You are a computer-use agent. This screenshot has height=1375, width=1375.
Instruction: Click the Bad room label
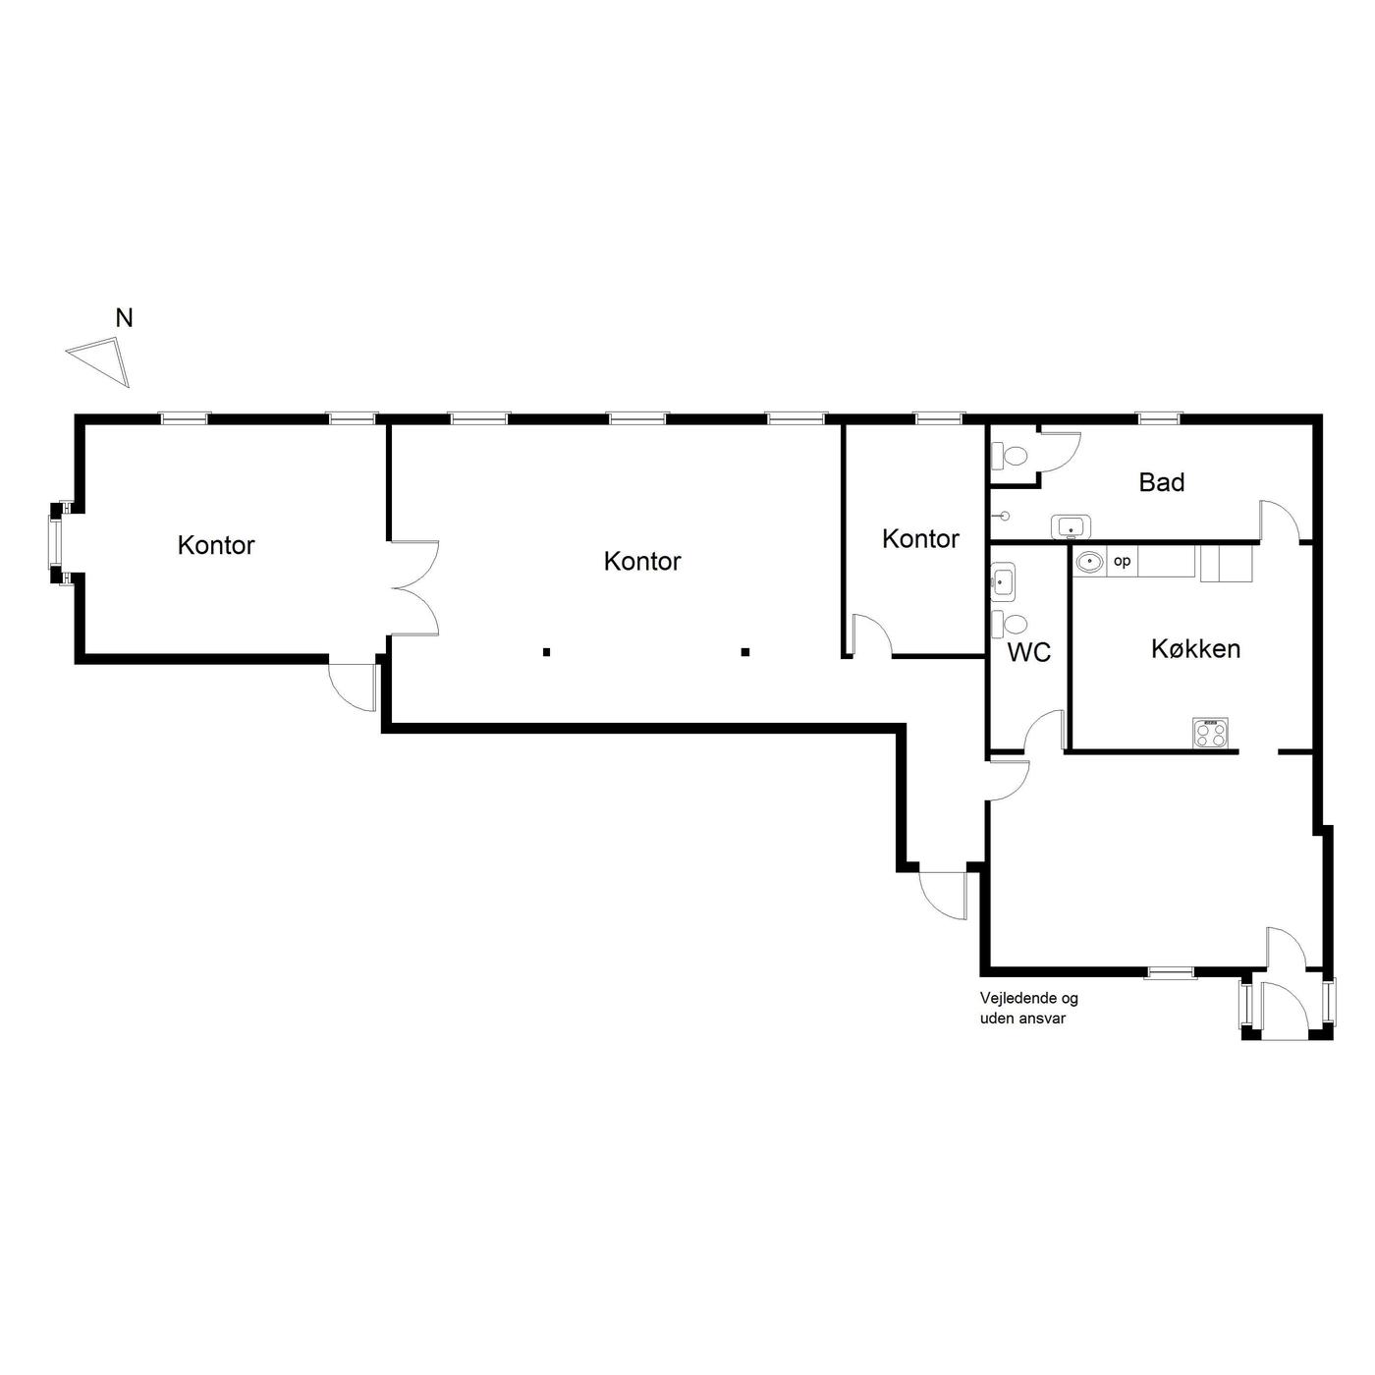click(1161, 482)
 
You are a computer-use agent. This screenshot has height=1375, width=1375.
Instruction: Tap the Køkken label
click(1195, 648)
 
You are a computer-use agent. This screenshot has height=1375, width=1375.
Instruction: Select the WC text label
click(1028, 652)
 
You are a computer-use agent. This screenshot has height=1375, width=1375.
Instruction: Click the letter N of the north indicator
click(124, 318)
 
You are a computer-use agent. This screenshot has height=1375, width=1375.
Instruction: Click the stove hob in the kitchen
click(1209, 733)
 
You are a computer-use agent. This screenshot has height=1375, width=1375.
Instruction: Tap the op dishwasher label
click(1122, 561)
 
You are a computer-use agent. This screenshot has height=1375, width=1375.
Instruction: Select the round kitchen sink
click(1089, 562)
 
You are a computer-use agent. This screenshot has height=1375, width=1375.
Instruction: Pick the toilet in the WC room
click(1009, 624)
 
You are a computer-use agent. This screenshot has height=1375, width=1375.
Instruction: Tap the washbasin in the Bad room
click(1072, 526)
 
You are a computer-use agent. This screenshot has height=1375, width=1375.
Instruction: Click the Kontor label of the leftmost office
click(215, 545)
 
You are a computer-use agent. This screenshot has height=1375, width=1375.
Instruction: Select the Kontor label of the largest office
click(641, 562)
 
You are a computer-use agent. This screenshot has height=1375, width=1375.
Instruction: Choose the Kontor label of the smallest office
click(919, 539)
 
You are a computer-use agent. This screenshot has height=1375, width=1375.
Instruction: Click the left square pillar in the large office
click(546, 651)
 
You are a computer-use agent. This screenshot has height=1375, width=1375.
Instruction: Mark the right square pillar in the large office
click(744, 651)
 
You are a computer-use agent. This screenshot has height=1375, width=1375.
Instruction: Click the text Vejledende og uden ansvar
click(1028, 1009)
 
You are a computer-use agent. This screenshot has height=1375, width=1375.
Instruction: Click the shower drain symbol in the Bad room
click(1006, 516)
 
